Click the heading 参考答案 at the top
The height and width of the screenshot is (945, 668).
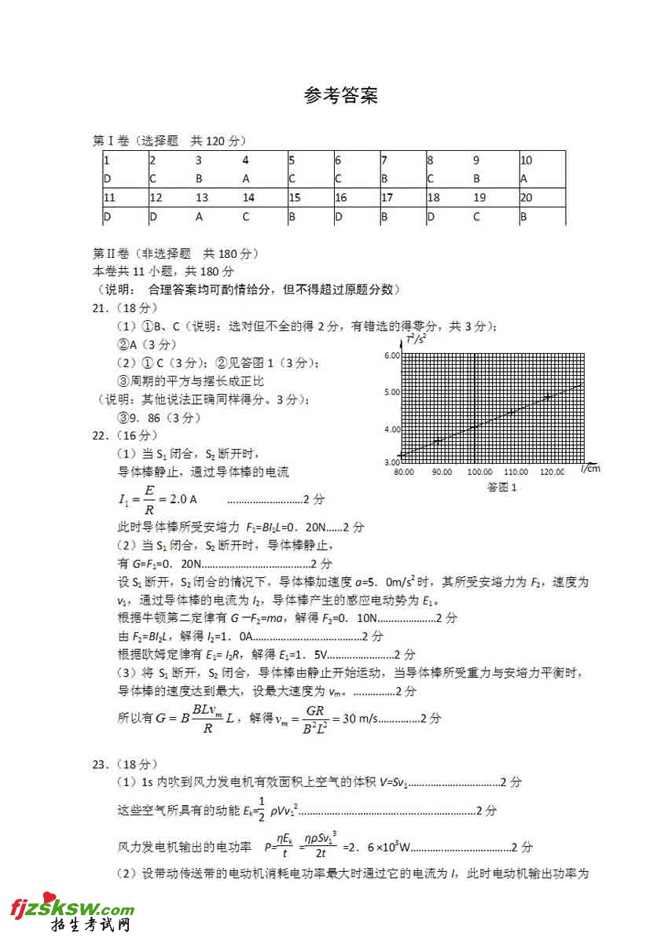[341, 96]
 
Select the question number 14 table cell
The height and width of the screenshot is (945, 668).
[248, 198]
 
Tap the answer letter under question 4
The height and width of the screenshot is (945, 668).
[246, 178]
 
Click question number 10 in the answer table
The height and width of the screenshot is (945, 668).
[527, 160]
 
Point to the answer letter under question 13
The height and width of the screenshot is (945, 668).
[200, 216]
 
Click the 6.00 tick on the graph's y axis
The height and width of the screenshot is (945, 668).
[391, 355]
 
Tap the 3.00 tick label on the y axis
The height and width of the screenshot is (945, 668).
[391, 461]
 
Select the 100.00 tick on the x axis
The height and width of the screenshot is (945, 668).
[479, 472]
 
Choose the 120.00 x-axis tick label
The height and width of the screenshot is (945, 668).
[552, 472]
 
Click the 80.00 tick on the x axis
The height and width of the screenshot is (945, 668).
[405, 472]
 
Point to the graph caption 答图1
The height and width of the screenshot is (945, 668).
[503, 487]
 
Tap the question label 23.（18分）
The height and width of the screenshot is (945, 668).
[126, 763]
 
